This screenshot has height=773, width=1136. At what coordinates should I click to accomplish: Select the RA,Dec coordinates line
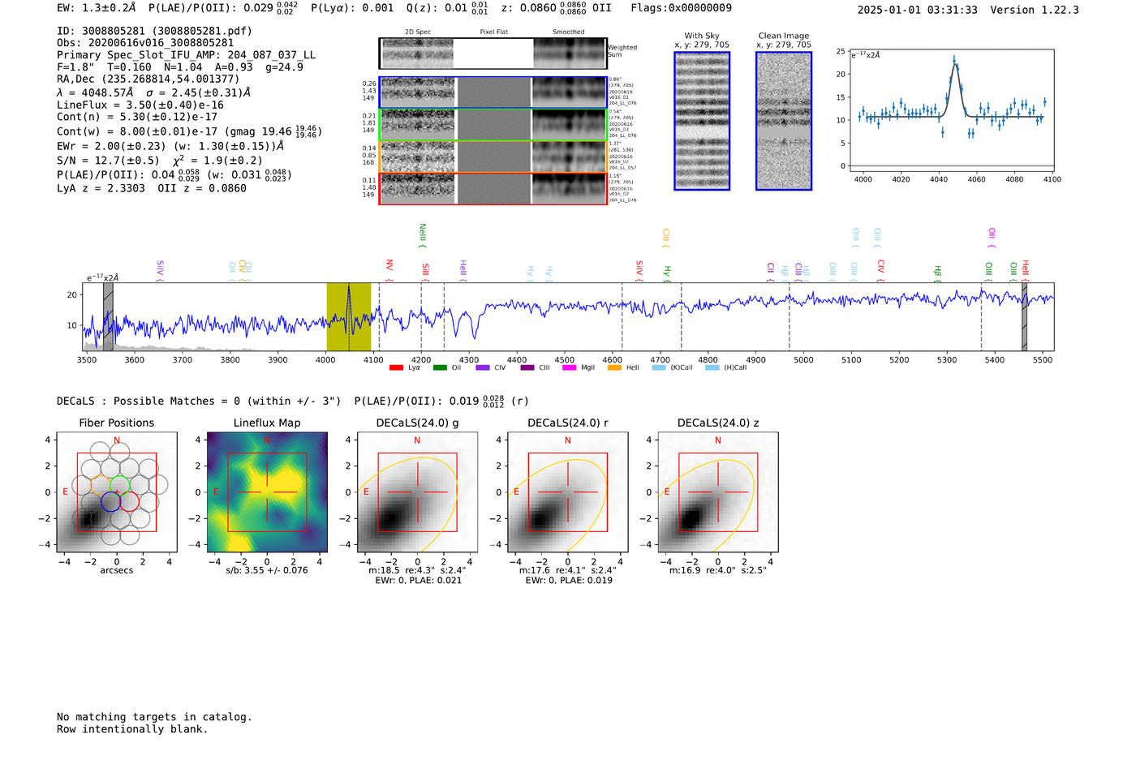pyautogui.click(x=148, y=79)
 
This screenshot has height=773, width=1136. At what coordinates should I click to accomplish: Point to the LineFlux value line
pyautogui.click(x=140, y=105)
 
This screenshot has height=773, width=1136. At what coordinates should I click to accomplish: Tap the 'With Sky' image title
pyautogui.click(x=702, y=36)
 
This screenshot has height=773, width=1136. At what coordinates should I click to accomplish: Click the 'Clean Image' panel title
pyautogui.click(x=783, y=36)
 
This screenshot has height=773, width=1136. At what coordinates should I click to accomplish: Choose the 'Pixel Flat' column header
pyautogui.click(x=493, y=32)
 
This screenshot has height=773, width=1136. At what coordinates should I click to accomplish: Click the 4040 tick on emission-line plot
pyautogui.click(x=939, y=179)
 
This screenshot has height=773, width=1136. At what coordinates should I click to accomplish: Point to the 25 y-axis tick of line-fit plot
pyautogui.click(x=841, y=51)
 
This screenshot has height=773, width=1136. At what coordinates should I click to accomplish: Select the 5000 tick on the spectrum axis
pyautogui.click(x=803, y=359)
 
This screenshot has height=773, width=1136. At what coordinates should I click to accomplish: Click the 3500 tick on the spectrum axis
pyautogui.click(x=87, y=359)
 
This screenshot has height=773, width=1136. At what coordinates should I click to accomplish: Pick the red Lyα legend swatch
pyautogui.click(x=396, y=367)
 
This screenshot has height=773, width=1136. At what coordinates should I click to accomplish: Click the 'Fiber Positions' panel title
pyautogui.click(x=116, y=423)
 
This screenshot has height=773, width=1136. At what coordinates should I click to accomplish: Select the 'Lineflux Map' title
pyautogui.click(x=267, y=423)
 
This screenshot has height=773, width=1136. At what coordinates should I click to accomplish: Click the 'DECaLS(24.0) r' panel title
pyautogui.click(x=567, y=423)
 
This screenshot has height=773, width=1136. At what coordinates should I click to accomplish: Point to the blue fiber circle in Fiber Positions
pyautogui.click(x=111, y=501)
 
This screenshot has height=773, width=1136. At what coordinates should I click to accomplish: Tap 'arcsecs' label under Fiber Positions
pyautogui.click(x=116, y=570)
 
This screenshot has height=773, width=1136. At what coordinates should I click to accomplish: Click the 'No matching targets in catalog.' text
pyautogui.click(x=154, y=717)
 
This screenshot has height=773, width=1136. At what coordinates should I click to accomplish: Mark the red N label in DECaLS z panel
pyautogui.click(x=717, y=440)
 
